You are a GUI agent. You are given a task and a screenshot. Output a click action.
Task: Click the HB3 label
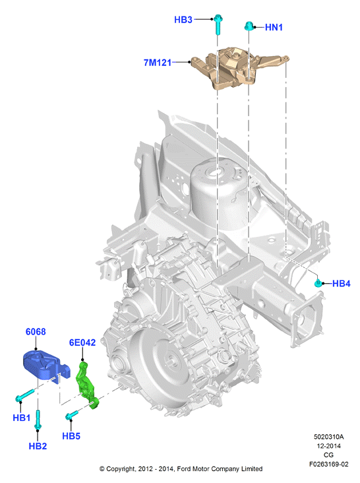183,20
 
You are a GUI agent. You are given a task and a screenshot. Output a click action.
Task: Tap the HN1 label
274,28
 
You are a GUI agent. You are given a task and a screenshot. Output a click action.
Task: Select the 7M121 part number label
157,63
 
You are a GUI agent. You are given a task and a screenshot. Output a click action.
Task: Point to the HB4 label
342,284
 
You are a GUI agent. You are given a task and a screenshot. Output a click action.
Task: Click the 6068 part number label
36,332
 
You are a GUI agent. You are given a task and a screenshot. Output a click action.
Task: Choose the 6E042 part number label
82,342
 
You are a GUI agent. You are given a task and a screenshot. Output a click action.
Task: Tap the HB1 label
22,418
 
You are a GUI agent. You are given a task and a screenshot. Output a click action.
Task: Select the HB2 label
38,446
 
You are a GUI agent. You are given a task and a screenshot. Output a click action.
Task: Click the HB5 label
71,436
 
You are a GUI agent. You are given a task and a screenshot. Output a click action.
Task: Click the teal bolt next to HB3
218,24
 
